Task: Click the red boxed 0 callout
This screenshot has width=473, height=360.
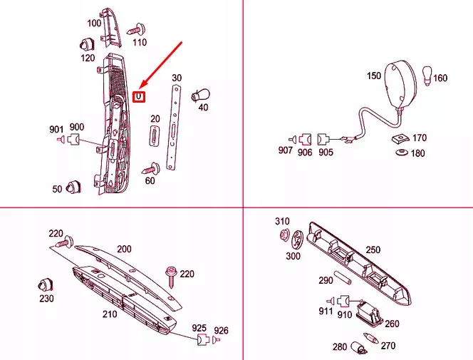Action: [x=139, y=96]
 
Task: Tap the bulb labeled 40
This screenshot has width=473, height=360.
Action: [x=200, y=95]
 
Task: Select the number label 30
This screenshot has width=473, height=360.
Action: [x=177, y=78]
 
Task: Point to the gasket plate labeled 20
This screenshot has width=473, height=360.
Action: [x=155, y=136]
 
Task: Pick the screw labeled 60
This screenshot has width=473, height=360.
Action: [x=151, y=168]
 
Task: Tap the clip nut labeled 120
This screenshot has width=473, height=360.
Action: [x=87, y=44]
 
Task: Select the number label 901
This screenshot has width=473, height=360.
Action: [x=56, y=130]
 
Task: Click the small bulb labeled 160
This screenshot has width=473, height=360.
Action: [x=427, y=76]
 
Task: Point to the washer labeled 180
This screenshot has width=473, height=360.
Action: [x=402, y=152]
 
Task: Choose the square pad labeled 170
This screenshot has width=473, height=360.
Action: [x=400, y=138]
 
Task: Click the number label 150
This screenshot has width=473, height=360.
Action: [x=374, y=76]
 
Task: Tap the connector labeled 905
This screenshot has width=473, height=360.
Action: [x=323, y=139]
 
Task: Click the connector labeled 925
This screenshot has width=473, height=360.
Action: [x=203, y=339]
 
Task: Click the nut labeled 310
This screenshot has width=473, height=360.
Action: [x=284, y=235]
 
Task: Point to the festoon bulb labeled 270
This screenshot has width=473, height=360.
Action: [x=370, y=338]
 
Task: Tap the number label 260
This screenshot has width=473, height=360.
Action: [x=392, y=324]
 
